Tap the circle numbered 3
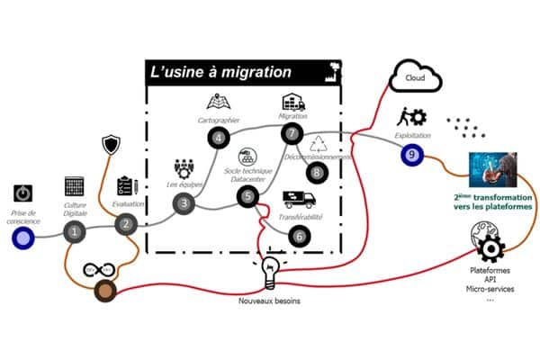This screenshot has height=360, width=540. click(x=184, y=203)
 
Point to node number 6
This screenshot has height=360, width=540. click(x=300, y=236)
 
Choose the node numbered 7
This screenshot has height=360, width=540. click(x=291, y=133)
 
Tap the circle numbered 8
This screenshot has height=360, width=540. click(x=316, y=172)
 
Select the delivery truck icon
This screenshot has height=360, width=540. click(x=299, y=199)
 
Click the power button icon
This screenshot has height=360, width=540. click(x=23, y=193)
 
